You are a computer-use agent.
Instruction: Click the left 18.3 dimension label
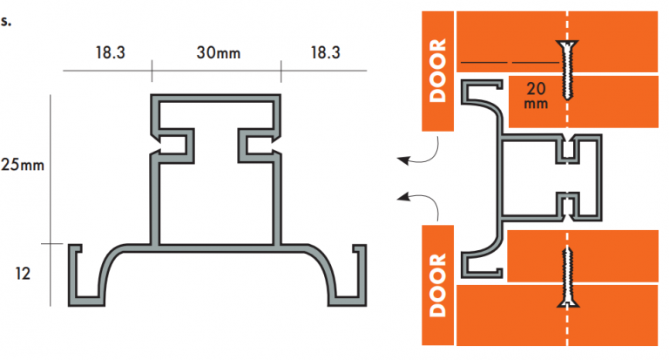[x=110, y=53]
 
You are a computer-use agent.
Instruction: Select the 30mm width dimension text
[x=217, y=53]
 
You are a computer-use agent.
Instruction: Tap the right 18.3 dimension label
[x=323, y=53]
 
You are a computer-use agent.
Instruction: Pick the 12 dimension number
[x=24, y=273]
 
